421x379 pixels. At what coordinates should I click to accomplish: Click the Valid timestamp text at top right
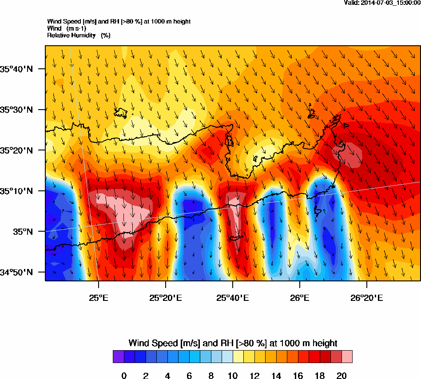(x=382, y=3)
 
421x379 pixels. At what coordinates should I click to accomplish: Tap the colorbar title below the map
(x=233, y=343)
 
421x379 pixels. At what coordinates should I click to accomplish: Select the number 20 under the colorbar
(x=342, y=376)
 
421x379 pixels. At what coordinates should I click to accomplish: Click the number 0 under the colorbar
(x=124, y=376)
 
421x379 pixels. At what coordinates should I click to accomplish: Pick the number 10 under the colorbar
(x=233, y=376)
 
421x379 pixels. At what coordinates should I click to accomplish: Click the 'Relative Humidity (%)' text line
(x=79, y=35)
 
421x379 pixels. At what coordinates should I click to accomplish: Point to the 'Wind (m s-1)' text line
(x=67, y=28)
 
